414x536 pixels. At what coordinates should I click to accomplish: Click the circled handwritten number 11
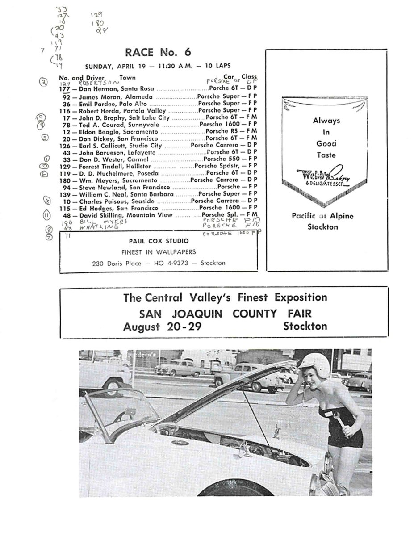coord(46,215)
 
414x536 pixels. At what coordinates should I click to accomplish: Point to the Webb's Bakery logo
coord(320,175)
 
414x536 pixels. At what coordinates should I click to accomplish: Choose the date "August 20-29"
coord(162,327)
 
